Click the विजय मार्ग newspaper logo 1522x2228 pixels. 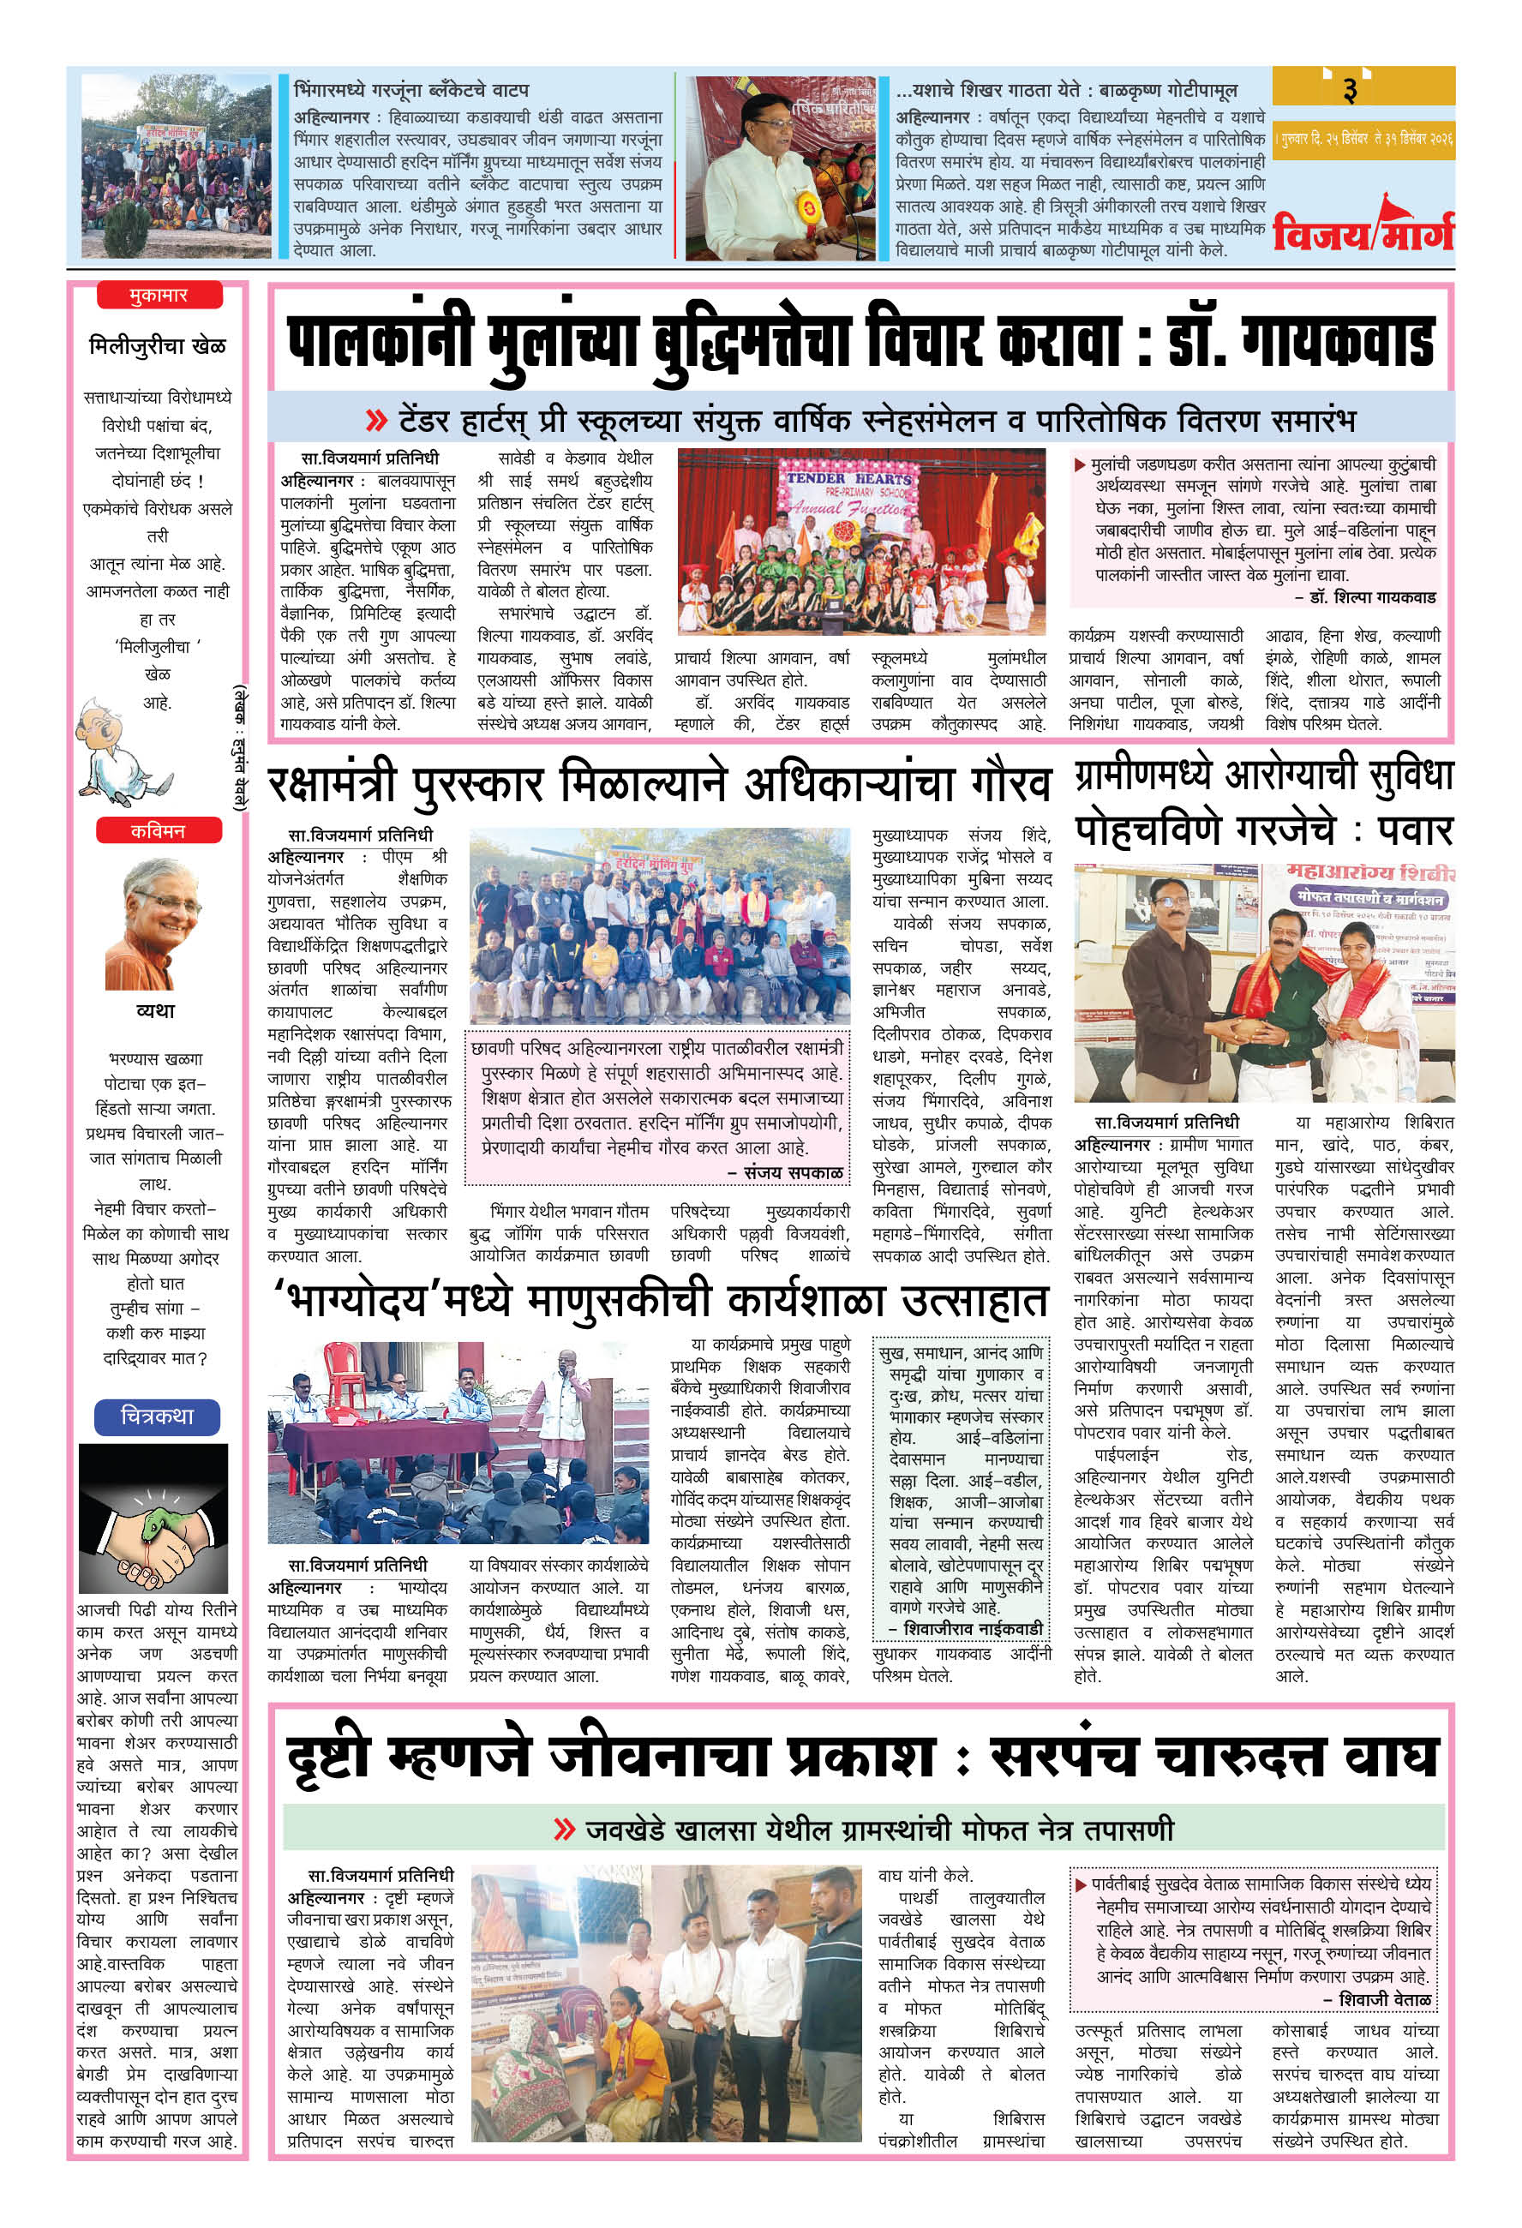click(1362, 228)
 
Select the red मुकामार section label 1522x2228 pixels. click(159, 296)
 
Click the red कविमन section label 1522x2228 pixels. click(159, 830)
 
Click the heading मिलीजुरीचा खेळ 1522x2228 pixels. click(158, 345)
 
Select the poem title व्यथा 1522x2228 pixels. click(155, 1010)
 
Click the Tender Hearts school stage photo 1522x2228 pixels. click(860, 542)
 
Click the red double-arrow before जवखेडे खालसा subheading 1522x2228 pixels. click(564, 1830)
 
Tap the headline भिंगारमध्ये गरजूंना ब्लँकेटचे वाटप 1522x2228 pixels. click(411, 90)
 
